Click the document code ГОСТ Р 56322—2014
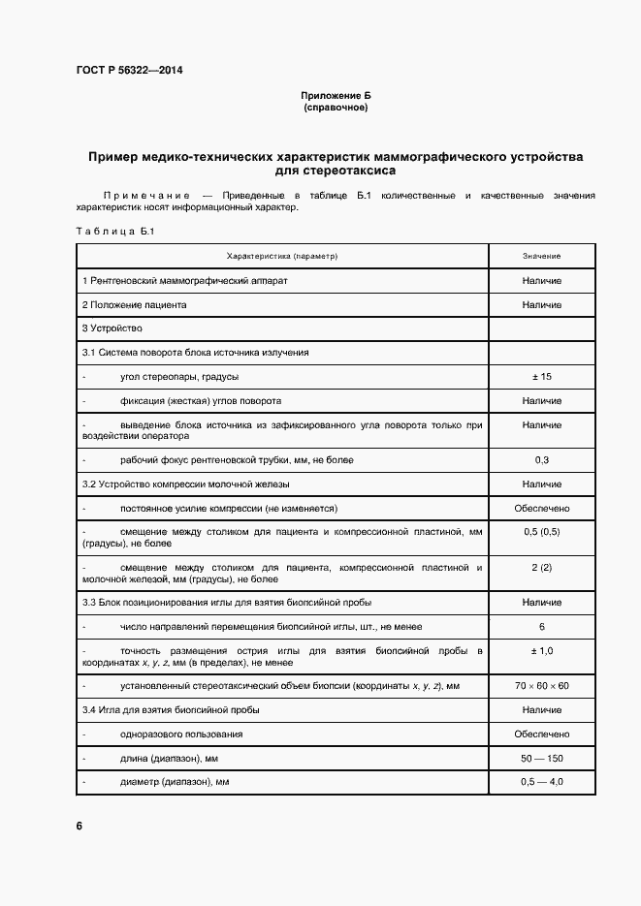pyautogui.click(x=129, y=70)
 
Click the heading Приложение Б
pyautogui.click(x=336, y=96)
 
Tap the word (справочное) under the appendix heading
pyautogui.click(x=336, y=108)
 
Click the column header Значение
pyautogui.click(x=541, y=256)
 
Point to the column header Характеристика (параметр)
pyautogui.click(x=282, y=256)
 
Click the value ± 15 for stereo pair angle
pyautogui.click(x=541, y=376)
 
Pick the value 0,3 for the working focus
pyautogui.click(x=541, y=459)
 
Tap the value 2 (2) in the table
pyautogui.click(x=541, y=566)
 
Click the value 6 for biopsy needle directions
pyautogui.click(x=541, y=626)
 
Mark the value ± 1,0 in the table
pyautogui.click(x=541, y=650)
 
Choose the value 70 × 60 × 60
pyautogui.click(x=541, y=686)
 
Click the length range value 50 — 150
pyautogui.click(x=541, y=758)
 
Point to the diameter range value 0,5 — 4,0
pyautogui.click(x=541, y=781)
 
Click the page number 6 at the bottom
pyautogui.click(x=79, y=827)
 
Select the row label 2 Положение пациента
pyautogui.click(x=134, y=304)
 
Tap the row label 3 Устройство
pyautogui.click(x=112, y=328)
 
